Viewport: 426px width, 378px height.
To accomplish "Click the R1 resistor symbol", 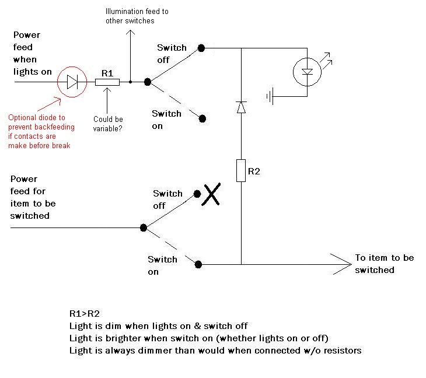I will coord(107,82).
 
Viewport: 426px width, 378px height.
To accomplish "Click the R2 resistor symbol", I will coord(241,170).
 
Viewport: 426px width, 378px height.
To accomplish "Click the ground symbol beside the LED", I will coord(269,95).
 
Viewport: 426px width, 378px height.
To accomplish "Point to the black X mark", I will coord(211,195).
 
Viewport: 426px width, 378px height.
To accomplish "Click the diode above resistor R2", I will coord(241,107).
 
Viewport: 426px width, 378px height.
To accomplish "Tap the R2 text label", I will coord(254,171).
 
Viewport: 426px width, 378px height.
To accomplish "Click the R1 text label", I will coord(107,73).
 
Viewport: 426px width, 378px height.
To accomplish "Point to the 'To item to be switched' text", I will coord(384,264).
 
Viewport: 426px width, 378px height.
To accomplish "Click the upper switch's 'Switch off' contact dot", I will coord(201,48).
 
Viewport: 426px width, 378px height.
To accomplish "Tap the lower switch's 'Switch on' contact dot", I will coord(198,264).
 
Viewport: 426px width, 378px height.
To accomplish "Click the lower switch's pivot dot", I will coord(142,228).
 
